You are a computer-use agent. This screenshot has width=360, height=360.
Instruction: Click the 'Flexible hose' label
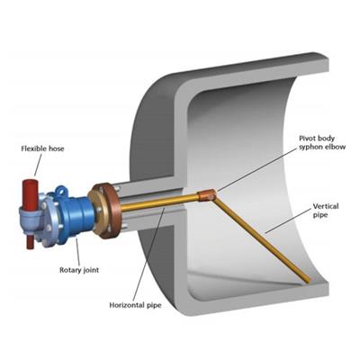[42, 148]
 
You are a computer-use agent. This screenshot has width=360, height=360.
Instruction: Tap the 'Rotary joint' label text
[79, 270]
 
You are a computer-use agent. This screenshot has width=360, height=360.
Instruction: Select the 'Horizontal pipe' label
[135, 305]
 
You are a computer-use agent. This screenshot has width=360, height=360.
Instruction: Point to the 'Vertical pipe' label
[326, 211]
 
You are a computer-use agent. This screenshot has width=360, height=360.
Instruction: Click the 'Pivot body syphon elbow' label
[322, 142]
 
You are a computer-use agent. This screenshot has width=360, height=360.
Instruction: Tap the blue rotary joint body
[74, 215]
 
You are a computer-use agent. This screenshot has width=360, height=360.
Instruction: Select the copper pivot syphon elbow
[206, 195]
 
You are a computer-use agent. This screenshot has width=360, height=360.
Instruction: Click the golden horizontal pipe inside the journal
[159, 203]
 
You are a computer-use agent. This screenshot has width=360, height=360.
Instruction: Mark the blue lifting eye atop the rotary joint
[61, 191]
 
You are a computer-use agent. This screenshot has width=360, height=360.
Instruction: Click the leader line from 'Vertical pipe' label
[288, 221]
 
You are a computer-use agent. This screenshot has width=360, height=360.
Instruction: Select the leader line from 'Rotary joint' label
[78, 251]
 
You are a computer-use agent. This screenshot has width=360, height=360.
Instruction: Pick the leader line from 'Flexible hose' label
[37, 165]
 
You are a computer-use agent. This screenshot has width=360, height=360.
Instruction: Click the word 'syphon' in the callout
[310, 147]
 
